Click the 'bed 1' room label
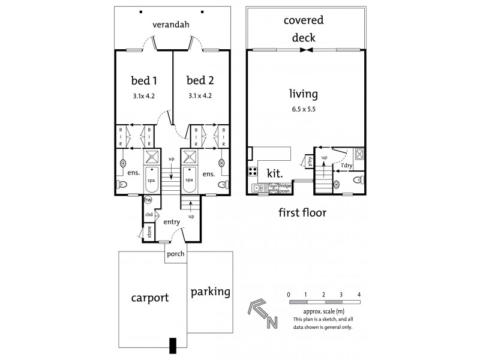click(143, 80)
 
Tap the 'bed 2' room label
click(199, 80)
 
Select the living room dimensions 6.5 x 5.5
click(303, 109)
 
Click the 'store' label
click(148, 232)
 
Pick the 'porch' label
click(175, 253)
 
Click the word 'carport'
click(150, 297)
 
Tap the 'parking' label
click(210, 292)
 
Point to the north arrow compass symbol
click(262, 314)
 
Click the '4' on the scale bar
click(358, 295)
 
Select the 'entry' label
click(172, 221)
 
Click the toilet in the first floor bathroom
click(356, 180)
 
